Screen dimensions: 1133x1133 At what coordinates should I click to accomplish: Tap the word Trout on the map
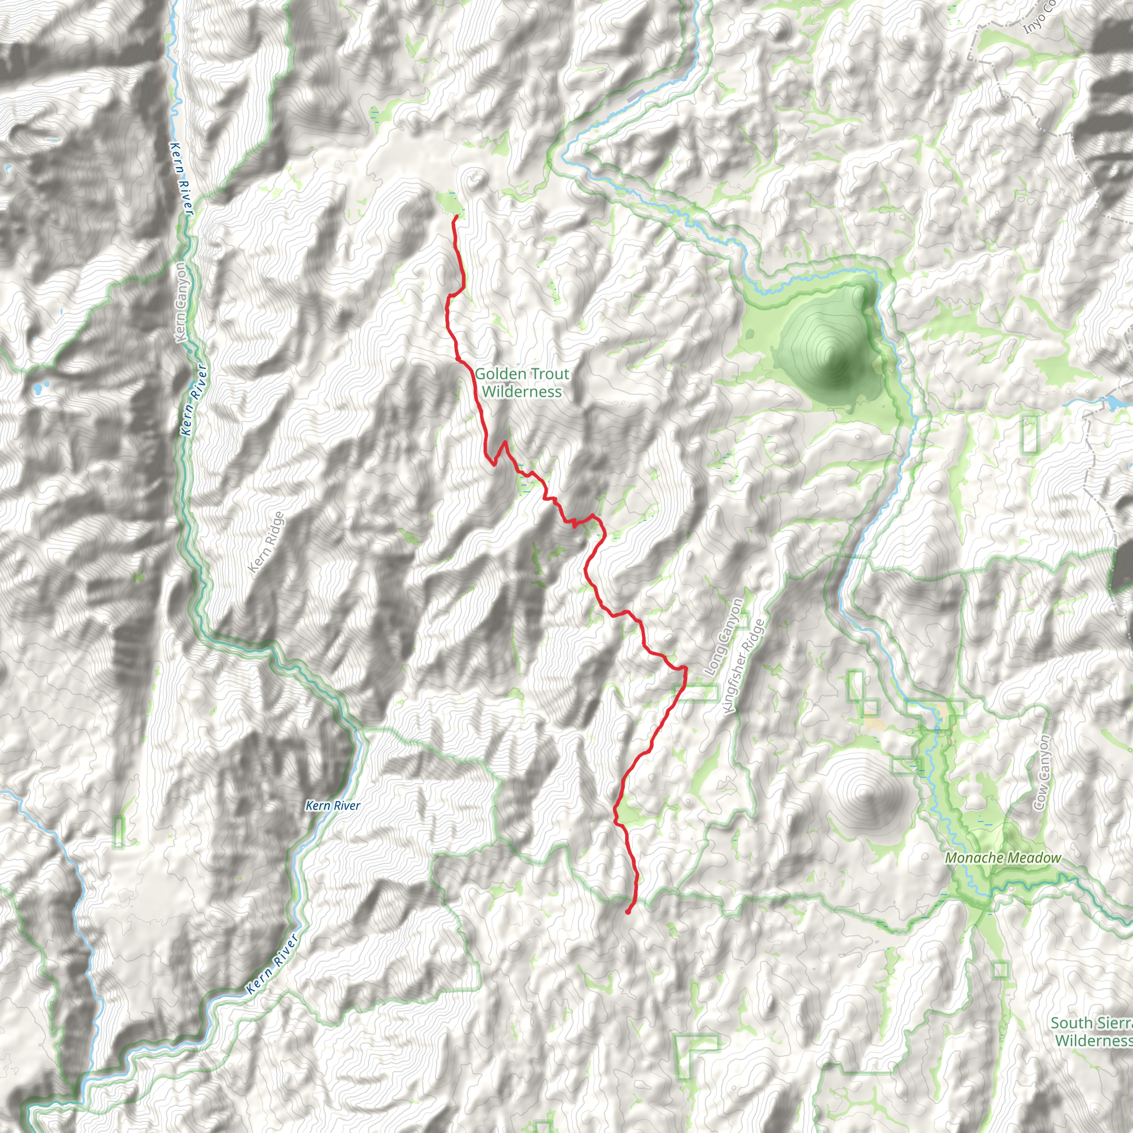point(547,374)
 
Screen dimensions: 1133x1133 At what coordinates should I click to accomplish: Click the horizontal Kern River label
point(333,805)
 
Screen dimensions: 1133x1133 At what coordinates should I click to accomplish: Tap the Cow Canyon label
point(1043,773)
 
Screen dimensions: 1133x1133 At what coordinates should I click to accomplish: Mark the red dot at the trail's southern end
point(628,912)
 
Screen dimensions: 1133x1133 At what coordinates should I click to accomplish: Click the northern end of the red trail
point(456,217)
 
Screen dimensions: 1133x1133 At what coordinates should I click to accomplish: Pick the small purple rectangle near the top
point(636,96)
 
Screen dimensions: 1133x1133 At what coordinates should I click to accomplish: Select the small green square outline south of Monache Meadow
point(1000,970)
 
